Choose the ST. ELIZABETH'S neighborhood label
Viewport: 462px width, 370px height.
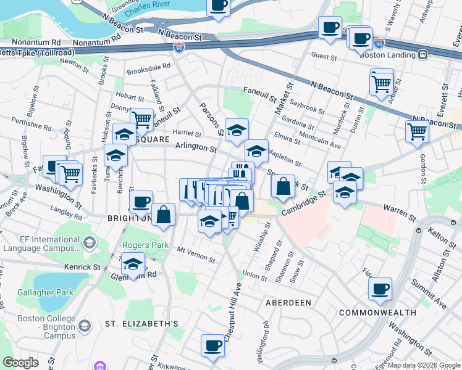point(141,323)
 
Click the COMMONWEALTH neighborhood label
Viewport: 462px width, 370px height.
point(377,313)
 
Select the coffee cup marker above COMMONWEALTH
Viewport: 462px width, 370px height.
point(379,289)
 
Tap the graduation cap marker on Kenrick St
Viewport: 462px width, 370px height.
point(132,264)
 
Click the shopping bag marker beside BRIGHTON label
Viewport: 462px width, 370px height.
point(164,215)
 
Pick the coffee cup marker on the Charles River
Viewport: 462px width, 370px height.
point(218,6)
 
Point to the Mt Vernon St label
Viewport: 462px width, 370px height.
point(196,255)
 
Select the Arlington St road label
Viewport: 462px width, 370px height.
point(196,148)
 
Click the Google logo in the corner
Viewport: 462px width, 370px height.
point(20,363)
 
